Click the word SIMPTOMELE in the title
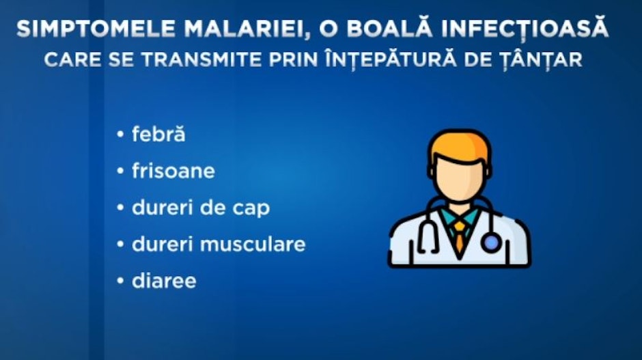pos(96,29)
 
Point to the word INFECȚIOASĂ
pos(520,28)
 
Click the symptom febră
pos(158,134)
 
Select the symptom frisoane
pos(173,170)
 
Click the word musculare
pos(253,244)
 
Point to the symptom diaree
pos(164,281)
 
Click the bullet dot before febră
pos(120,134)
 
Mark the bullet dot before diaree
pos(120,281)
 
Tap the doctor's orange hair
pos(459,144)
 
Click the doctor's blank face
pos(459,178)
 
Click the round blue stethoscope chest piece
pos(491,243)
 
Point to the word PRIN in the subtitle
pos(293,60)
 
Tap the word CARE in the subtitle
pos(72,60)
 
